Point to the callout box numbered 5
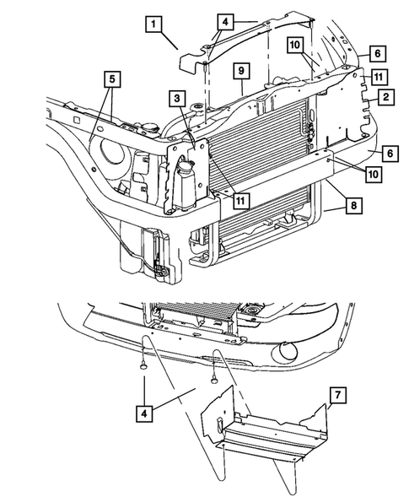(x=112, y=81)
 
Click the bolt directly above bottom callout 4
(x=144, y=366)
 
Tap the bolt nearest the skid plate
(x=214, y=379)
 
